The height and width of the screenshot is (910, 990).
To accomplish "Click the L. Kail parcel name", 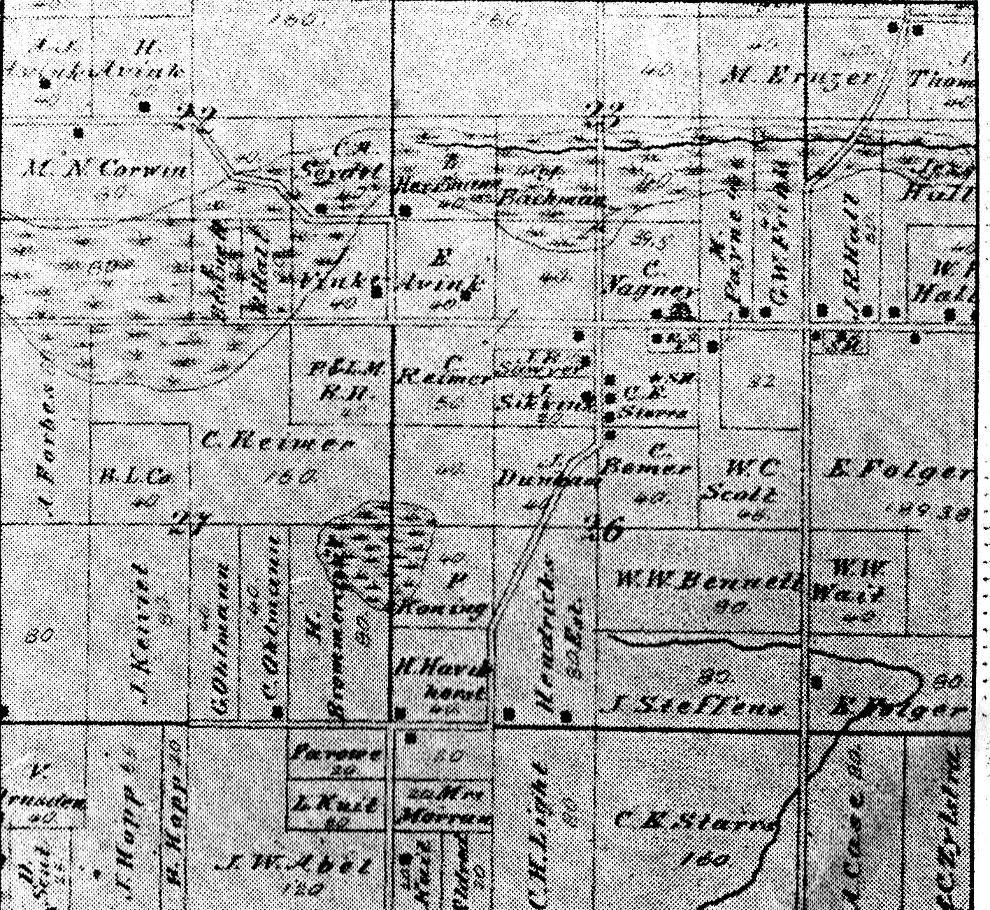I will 337,804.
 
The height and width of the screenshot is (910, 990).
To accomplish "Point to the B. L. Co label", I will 137,478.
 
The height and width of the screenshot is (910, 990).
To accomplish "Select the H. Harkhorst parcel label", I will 442,680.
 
